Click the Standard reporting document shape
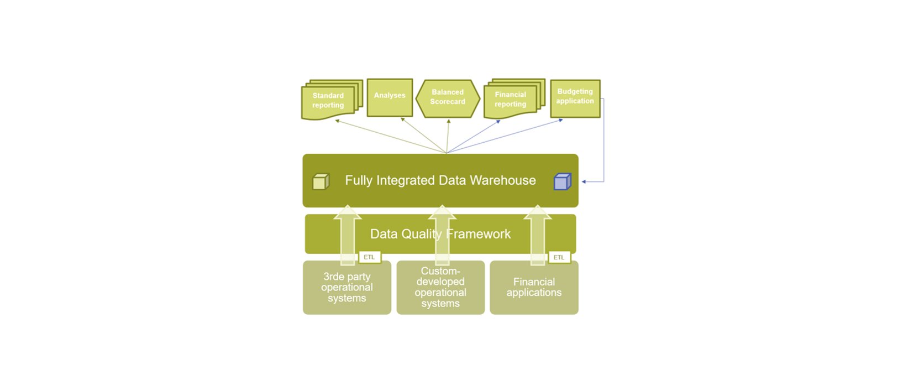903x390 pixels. [328, 101]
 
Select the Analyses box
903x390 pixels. [390, 97]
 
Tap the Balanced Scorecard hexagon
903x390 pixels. [448, 98]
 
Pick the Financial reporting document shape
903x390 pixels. [510, 100]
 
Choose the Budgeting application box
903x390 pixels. [575, 98]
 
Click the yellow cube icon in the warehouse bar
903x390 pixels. [321, 181]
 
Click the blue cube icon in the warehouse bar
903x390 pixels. [562, 181]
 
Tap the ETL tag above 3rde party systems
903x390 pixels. [369, 257]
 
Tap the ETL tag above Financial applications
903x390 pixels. [559, 257]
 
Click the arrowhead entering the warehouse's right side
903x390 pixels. [584, 181]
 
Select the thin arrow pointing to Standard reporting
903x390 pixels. [387, 136]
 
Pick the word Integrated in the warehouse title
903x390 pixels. [410, 180]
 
